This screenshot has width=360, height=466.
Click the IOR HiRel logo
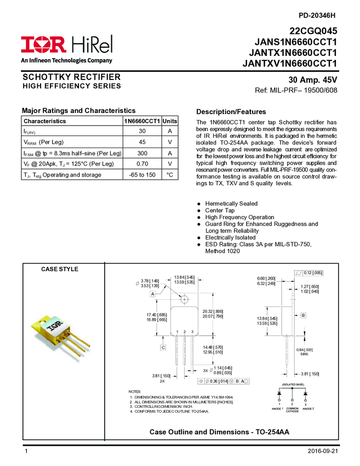[x=66, y=44]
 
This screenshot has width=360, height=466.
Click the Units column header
[x=170, y=121]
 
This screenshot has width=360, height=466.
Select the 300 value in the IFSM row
[x=142, y=153]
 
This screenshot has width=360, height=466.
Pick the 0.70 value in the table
[x=142, y=163]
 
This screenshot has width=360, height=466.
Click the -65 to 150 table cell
[x=142, y=174]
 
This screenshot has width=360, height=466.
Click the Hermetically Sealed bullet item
[x=231, y=203]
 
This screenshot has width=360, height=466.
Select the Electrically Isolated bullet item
[x=230, y=237]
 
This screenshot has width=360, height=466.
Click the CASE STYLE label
[x=60, y=269]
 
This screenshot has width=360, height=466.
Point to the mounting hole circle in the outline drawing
[x=184, y=299]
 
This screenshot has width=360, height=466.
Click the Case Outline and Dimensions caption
[x=219, y=433]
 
